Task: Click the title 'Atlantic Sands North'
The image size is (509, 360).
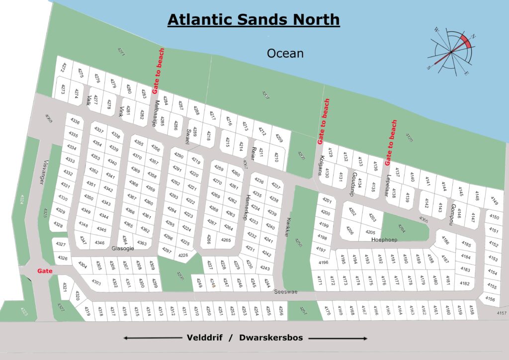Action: pyautogui.click(x=254, y=19)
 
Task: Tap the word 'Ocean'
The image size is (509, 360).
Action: pyautogui.click(x=285, y=53)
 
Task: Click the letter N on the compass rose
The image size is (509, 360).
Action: pyautogui.click(x=473, y=36)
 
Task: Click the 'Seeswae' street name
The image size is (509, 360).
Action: pyautogui.click(x=285, y=292)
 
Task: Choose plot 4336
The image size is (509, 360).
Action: pyautogui.click(x=75, y=121)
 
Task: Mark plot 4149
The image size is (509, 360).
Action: pyautogui.click(x=494, y=201)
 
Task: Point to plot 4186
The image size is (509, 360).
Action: pyautogui.click(x=445, y=241)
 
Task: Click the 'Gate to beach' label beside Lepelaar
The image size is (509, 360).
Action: pyautogui.click(x=391, y=142)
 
